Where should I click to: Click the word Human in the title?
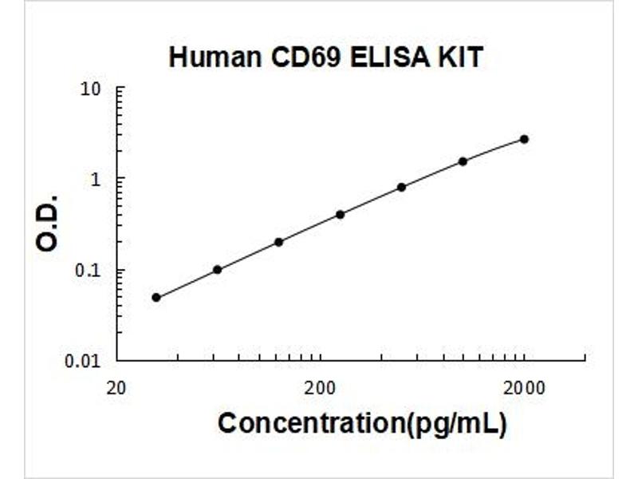[215, 57]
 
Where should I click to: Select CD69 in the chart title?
[305, 57]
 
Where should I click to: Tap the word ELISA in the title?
[390, 57]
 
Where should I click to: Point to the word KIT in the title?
[460, 57]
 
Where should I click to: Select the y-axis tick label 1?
[96, 180]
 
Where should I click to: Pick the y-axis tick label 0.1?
[87, 271]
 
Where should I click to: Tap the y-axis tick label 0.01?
[83, 362]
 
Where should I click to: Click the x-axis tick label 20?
[116, 389]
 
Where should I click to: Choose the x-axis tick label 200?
[321, 389]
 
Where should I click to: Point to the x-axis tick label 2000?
[524, 389]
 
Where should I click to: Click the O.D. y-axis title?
[47, 224]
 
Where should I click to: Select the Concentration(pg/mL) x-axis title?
[363, 424]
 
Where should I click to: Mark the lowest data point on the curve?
[156, 298]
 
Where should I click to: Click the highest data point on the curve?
[525, 139]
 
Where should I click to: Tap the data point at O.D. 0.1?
[217, 270]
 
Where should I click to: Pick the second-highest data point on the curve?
[463, 161]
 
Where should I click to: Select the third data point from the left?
[278, 243]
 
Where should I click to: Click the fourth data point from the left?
[341, 215]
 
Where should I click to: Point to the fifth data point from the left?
[401, 188]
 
